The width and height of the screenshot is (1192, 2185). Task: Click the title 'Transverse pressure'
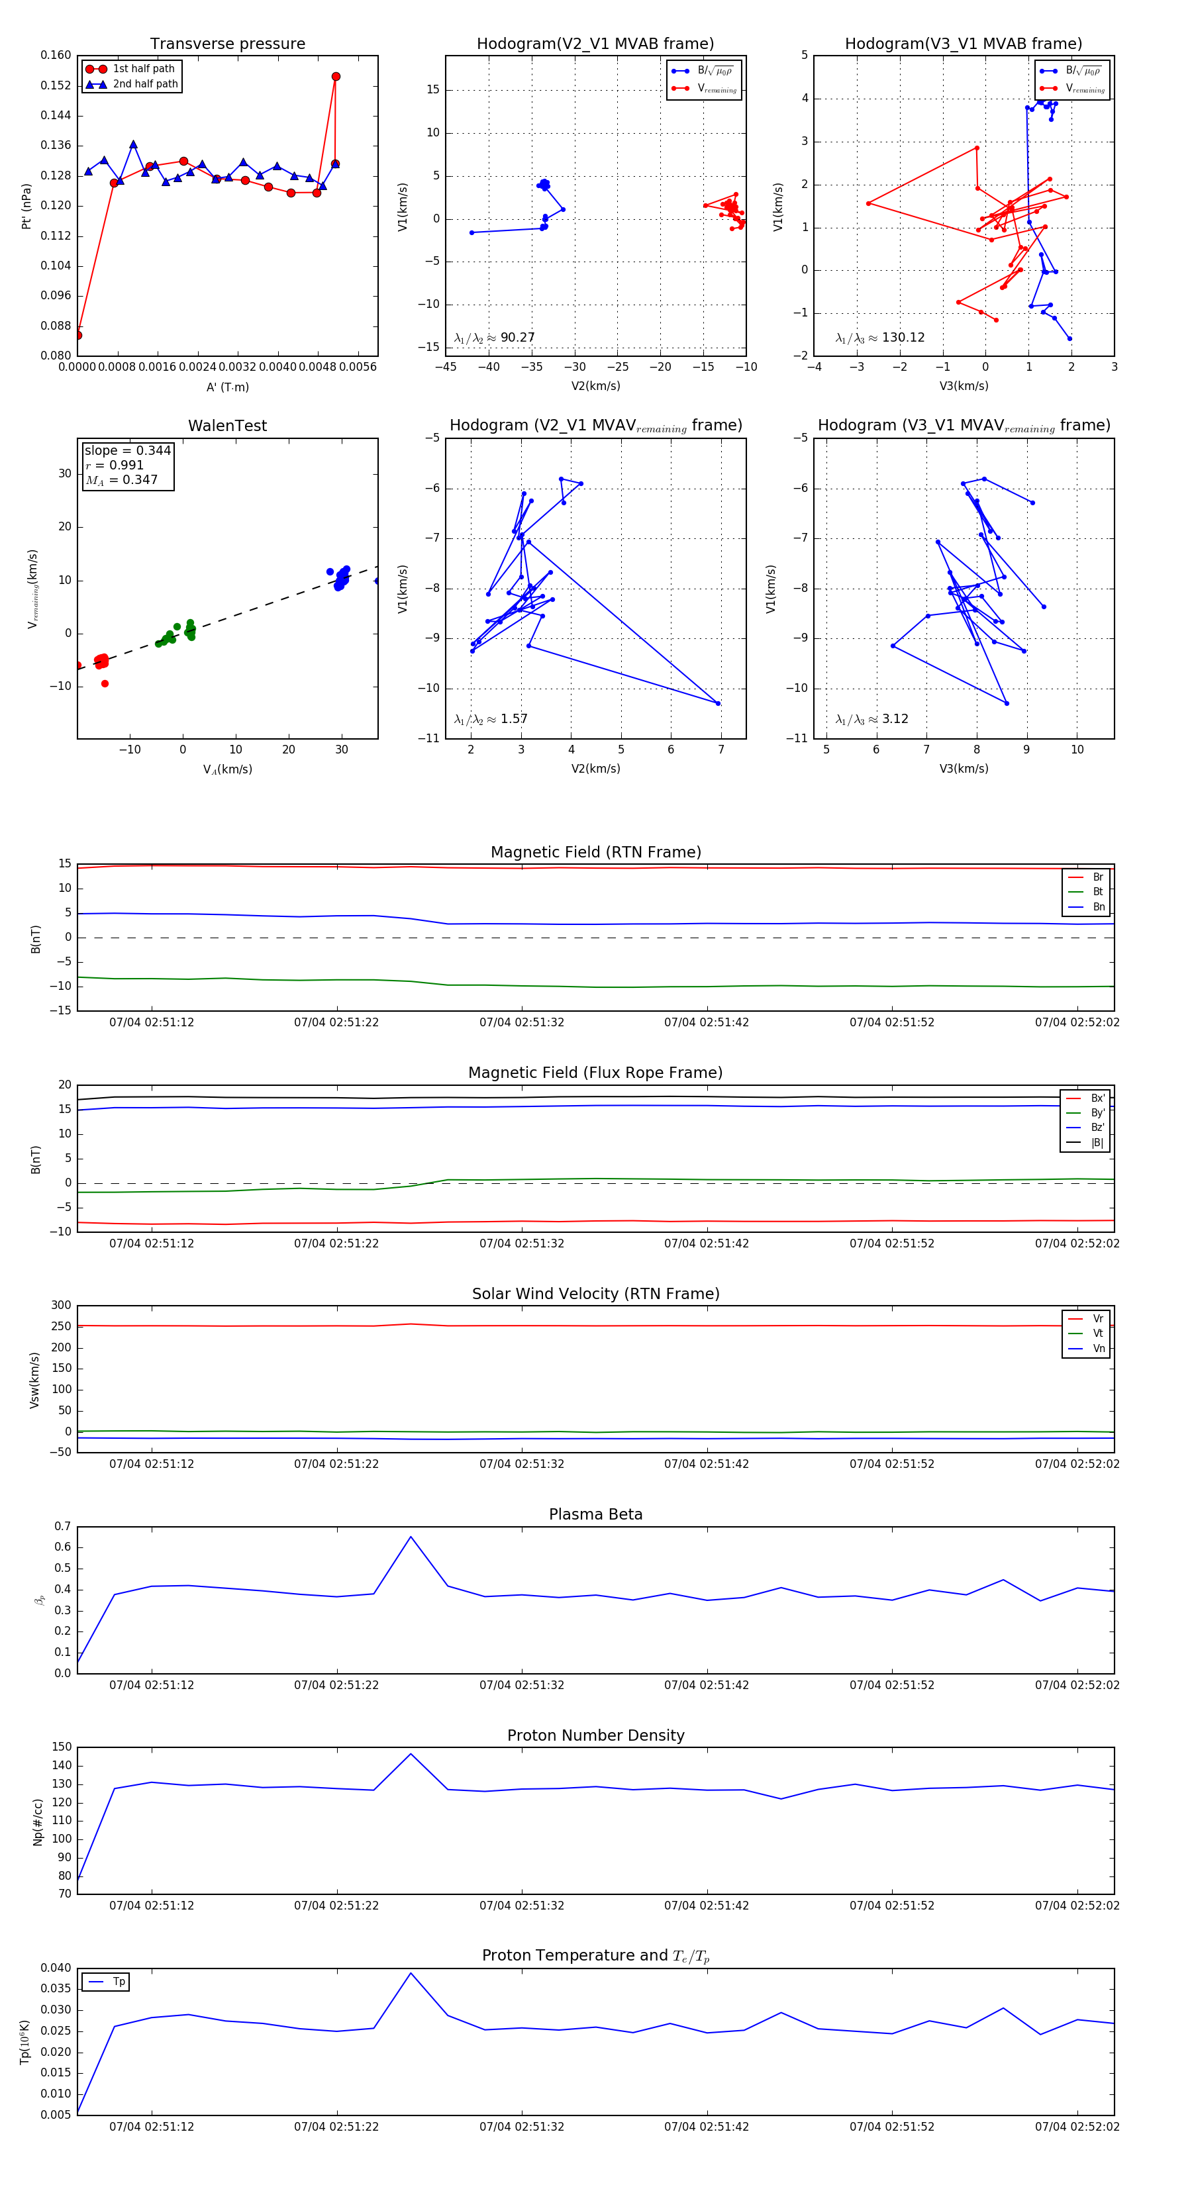coord(227,44)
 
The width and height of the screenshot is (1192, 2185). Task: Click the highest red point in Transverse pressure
coord(336,76)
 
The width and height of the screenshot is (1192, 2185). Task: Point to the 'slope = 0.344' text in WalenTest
coord(127,450)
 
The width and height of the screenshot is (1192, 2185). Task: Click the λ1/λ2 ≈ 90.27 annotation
coord(495,338)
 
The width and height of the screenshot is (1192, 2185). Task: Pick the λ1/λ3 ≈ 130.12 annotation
coord(880,338)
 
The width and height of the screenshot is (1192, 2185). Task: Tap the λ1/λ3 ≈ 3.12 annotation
coord(871,719)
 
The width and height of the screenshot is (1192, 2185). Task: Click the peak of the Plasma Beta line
coord(411,1536)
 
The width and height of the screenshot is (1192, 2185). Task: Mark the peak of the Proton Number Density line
coord(411,1753)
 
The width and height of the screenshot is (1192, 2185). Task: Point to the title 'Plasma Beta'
coord(595,1514)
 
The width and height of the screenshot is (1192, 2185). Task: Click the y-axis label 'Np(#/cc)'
coord(37,1821)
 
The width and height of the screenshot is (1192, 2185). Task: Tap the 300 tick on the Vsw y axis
coord(61,1306)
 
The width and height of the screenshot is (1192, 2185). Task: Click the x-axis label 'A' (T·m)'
coord(227,387)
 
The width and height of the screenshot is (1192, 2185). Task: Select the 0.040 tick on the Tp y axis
coord(56,1968)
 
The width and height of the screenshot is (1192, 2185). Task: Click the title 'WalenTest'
coord(227,426)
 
